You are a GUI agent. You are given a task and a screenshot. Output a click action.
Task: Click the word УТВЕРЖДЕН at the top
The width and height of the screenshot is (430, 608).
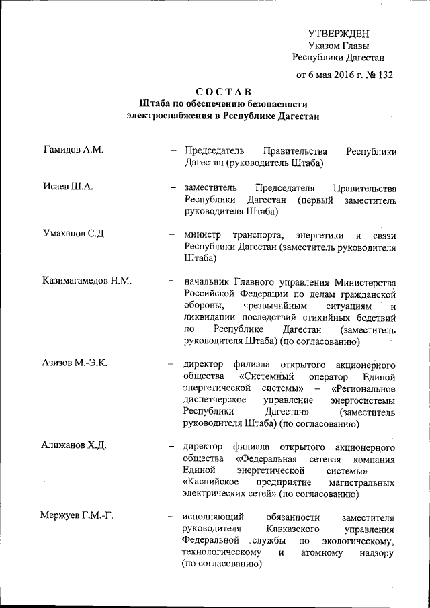339,34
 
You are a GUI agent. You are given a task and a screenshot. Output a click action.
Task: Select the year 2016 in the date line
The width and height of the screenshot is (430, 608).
342,75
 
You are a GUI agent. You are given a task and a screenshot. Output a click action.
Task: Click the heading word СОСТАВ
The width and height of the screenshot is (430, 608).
224,91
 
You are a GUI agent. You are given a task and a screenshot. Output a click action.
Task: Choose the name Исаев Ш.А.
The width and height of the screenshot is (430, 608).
67,186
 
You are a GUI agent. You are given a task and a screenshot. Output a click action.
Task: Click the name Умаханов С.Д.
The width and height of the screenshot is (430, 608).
77,234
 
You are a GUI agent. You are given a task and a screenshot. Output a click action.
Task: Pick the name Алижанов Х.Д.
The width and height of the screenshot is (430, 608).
75,446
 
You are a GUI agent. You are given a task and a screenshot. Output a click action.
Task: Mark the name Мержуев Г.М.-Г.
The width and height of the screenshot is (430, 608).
76,517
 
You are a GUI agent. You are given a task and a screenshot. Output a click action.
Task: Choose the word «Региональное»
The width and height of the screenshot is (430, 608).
363,388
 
